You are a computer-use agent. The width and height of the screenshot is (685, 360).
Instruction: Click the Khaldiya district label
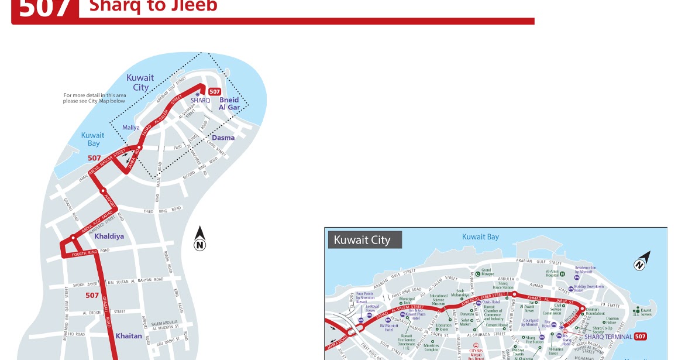(109, 236)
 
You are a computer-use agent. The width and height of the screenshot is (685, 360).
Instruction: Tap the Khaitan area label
(129, 336)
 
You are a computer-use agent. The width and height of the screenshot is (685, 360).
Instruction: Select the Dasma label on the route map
(223, 138)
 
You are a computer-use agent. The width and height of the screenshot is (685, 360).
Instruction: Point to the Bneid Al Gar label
(230, 104)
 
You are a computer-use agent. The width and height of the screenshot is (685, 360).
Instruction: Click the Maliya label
(131, 128)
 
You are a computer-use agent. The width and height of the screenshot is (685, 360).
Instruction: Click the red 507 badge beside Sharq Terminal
(640, 337)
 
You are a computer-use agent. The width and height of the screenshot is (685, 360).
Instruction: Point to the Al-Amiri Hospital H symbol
(562, 273)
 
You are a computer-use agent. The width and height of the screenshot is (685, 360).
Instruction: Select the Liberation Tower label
(443, 327)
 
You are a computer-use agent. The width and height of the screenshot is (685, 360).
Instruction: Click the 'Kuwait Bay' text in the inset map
(480, 237)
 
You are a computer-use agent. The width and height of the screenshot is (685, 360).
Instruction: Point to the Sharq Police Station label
(502, 285)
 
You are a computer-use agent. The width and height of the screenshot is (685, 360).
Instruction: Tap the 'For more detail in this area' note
(94, 98)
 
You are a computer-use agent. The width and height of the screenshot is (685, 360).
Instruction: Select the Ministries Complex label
(431, 347)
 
